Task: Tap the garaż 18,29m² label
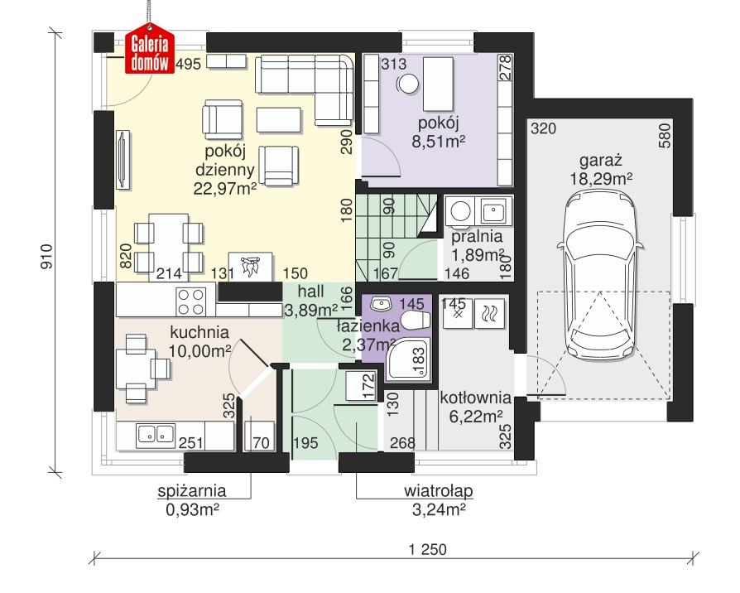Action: point(602,169)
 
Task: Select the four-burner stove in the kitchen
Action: point(191,301)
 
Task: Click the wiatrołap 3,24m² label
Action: point(439,499)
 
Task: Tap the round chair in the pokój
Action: point(408,84)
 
